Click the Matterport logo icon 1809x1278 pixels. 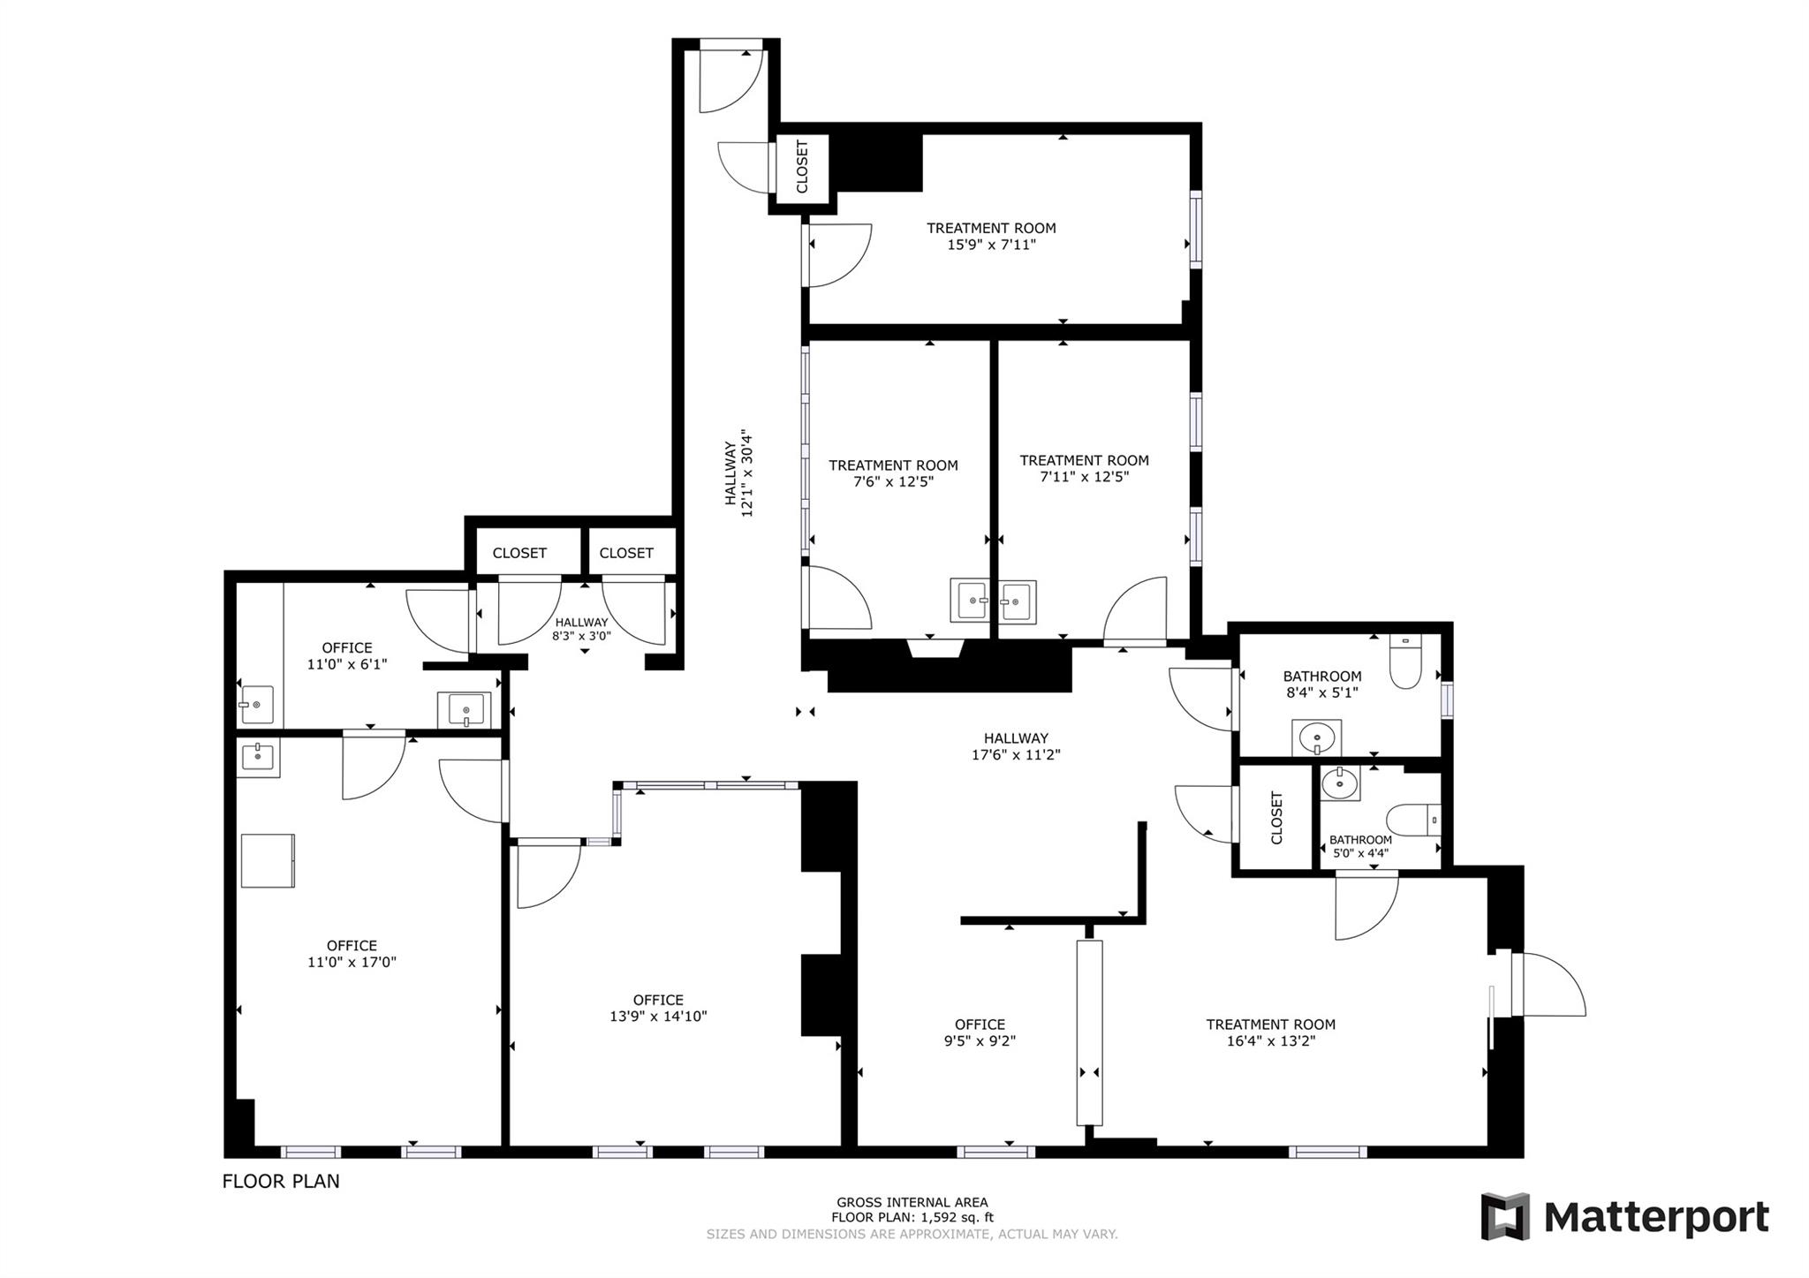coord(1505,1216)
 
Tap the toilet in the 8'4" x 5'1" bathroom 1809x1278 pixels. coord(1404,662)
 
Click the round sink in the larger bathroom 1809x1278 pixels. coord(1317,736)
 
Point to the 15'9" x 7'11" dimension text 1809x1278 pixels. coord(991,245)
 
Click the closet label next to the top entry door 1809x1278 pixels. coord(802,167)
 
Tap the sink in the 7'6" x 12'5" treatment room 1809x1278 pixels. coord(970,601)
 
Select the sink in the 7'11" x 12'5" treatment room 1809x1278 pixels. coord(1018,602)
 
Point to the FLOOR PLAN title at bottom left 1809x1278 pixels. coord(281,1181)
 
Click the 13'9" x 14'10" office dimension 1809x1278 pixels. coord(658,1016)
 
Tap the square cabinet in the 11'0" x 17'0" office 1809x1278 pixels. coord(268,860)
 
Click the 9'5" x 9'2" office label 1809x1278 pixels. coord(980,1032)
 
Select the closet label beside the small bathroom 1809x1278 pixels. coord(1276,818)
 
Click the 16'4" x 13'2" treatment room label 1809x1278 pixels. coord(1270,1032)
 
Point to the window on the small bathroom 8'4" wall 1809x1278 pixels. coord(1446,699)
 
